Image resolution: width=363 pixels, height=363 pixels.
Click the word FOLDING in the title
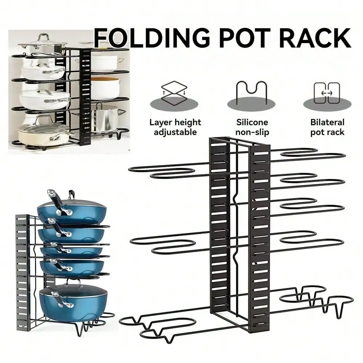[152, 38]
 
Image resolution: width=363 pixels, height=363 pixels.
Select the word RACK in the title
[317, 38]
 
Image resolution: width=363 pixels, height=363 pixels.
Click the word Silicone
[252, 122]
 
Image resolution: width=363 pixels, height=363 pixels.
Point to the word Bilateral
[327, 122]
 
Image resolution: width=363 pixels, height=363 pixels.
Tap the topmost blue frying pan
[72, 212]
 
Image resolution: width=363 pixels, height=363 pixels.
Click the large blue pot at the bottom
[73, 302]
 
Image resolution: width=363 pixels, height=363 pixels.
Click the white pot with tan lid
[105, 87]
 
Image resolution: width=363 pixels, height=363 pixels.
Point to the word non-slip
[252, 132]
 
